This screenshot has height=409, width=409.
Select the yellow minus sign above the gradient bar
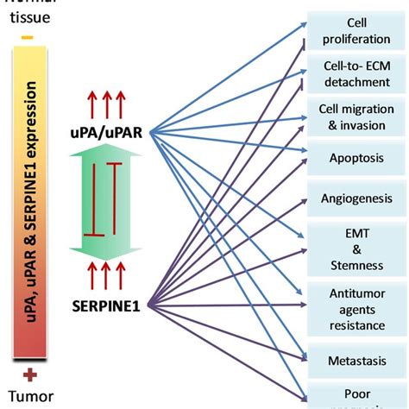coord(28,38)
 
